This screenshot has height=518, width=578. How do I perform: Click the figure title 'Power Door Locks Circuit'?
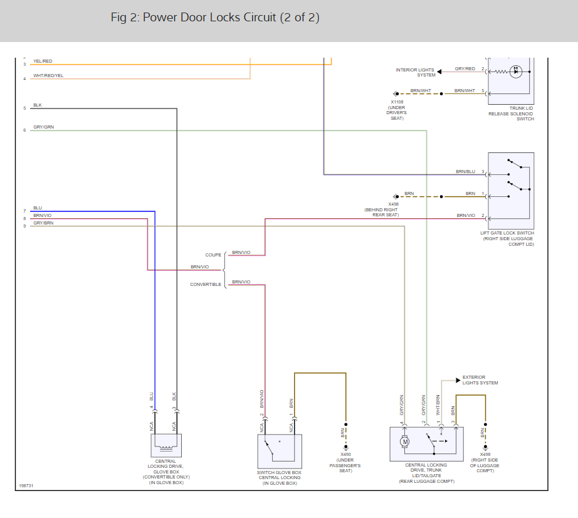(209, 18)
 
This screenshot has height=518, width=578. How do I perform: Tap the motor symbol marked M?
(405, 441)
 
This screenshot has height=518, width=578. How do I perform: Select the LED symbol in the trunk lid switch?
(516, 71)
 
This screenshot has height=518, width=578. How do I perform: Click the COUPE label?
(213, 255)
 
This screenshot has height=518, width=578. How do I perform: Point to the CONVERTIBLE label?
(206, 284)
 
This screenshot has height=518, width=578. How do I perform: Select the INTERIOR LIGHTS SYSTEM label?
(416, 72)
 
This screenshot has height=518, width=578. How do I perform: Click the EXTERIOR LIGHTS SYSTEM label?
(480, 380)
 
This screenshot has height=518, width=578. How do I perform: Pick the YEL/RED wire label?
(43, 61)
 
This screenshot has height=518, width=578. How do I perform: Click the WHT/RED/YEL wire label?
(48, 76)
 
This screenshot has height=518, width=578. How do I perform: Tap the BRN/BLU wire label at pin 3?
(465, 171)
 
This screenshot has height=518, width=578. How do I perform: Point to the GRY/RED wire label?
(465, 68)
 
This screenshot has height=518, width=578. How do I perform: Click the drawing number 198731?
(26, 485)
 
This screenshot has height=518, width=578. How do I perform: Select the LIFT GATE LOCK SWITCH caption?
(507, 238)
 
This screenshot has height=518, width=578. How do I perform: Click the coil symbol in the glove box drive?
(166, 447)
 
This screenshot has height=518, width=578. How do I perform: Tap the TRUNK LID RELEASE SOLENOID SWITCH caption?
(511, 114)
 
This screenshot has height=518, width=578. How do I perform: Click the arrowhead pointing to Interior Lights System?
(439, 71)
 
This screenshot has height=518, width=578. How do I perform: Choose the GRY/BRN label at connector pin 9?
(43, 223)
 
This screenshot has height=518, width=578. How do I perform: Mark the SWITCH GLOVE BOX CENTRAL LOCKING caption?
(280, 478)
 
